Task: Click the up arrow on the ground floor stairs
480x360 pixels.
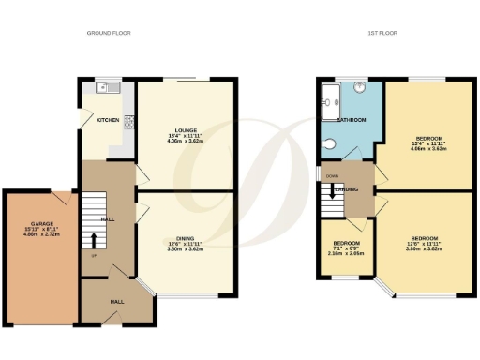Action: pyautogui.click(x=93, y=240)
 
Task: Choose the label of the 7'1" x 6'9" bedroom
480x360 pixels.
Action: pyautogui.click(x=346, y=242)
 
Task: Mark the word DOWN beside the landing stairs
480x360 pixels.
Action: pyautogui.click(x=331, y=175)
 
